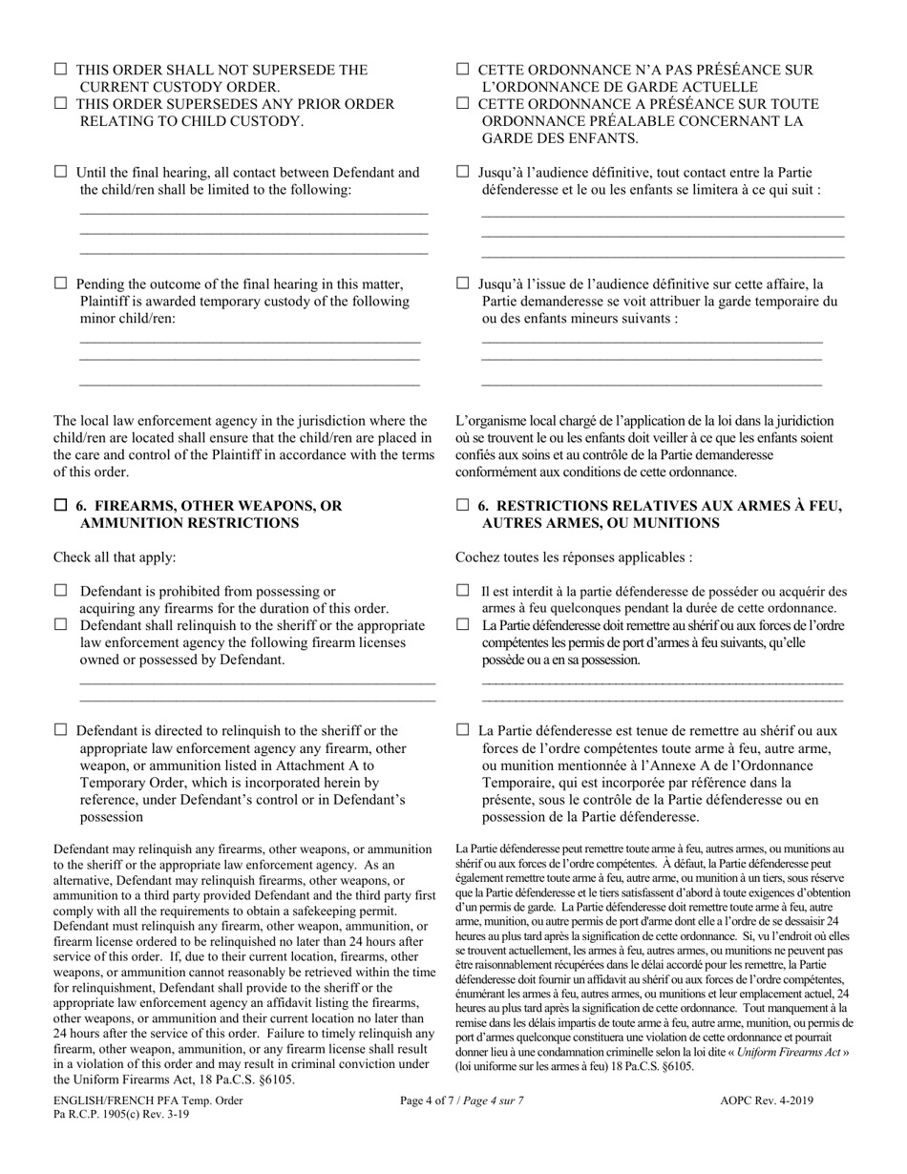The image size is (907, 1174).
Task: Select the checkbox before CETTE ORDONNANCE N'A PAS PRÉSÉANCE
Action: tap(463, 70)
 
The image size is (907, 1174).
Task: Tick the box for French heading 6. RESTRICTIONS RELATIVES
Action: tap(463, 505)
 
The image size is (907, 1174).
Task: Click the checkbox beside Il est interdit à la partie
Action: tap(463, 591)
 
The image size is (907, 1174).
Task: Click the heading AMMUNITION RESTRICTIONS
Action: tap(189, 523)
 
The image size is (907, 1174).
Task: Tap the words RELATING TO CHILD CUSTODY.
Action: tap(191, 121)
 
